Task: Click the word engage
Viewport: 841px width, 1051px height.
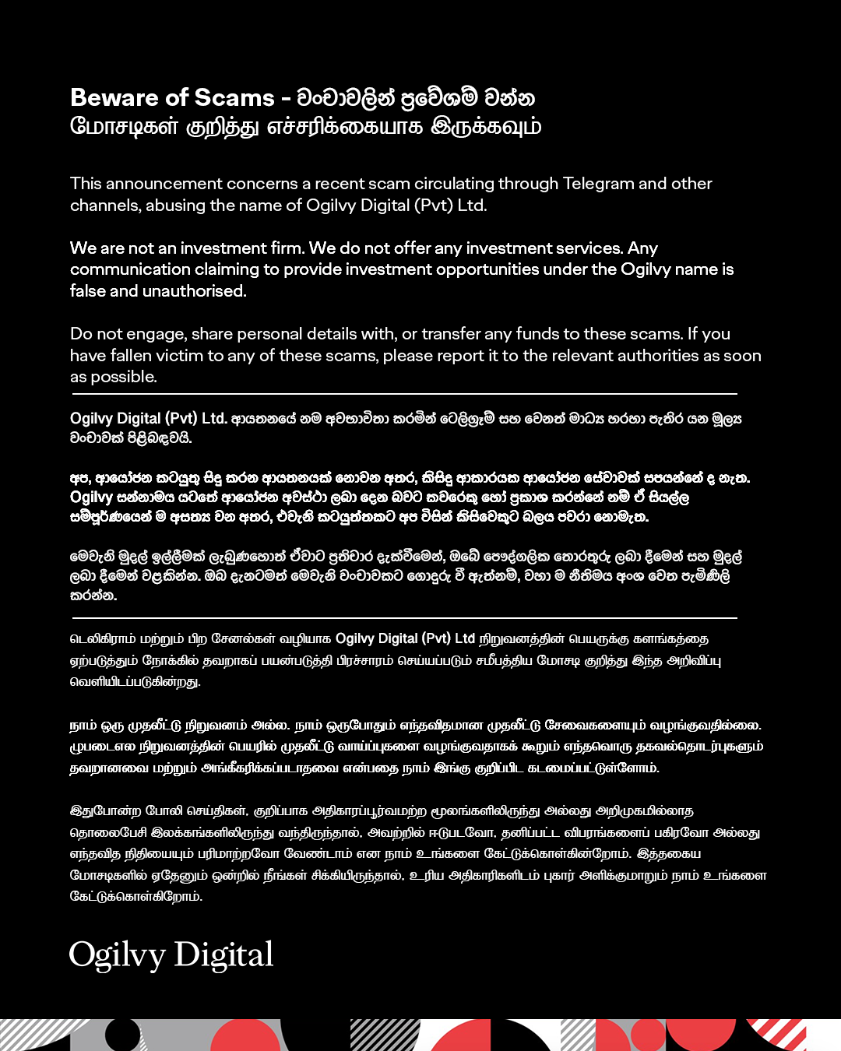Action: click(x=156, y=334)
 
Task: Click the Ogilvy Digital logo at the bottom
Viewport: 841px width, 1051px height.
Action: click(x=171, y=954)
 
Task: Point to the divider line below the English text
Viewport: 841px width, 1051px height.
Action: click(x=403, y=394)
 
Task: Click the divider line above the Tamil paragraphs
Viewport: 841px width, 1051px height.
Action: click(x=403, y=617)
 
